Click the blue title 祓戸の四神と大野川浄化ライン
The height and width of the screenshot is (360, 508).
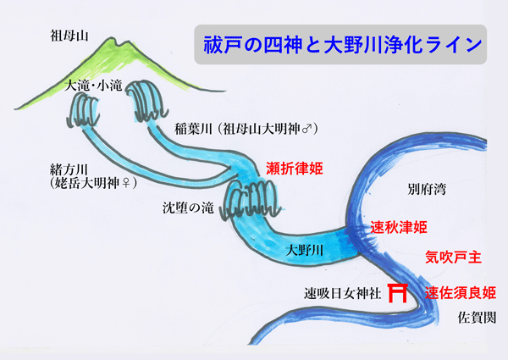[x=342, y=45]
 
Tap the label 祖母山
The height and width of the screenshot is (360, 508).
[x=69, y=36]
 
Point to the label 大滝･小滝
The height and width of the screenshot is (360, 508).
[x=94, y=86]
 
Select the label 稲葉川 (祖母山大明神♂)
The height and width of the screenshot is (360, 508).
[x=246, y=129]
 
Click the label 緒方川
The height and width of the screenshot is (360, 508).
[x=69, y=169]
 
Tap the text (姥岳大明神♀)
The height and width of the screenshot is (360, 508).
[x=93, y=183]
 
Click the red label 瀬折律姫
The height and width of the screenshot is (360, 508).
[x=295, y=169]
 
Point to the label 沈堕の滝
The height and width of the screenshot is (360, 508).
[x=188, y=208]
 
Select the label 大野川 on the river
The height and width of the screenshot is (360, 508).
[x=305, y=251]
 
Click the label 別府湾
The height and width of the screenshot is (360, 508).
[x=427, y=189]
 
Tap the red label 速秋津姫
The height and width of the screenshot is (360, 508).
[x=399, y=227]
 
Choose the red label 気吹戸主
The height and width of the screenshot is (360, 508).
[x=453, y=258]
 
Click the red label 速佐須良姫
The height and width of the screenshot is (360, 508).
[x=461, y=293]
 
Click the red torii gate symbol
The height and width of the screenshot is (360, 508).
[x=398, y=292]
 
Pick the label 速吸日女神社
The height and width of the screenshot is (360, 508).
[x=342, y=294]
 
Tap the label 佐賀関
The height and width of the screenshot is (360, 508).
[x=477, y=318]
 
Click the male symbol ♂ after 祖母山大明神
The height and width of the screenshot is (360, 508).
[x=306, y=130]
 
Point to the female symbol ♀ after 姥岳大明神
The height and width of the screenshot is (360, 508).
[x=125, y=184]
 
